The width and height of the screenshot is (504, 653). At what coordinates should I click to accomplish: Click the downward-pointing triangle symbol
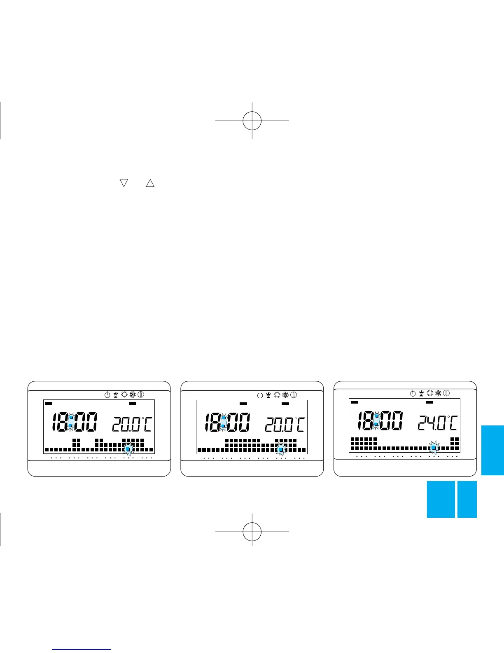click(124, 183)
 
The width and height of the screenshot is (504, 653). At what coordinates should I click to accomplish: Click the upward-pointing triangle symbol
click(150, 183)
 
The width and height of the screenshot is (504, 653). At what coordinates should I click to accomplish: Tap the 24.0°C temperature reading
click(438, 423)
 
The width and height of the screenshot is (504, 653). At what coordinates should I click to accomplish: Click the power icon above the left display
click(107, 395)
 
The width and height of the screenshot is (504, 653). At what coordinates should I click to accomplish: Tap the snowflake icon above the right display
click(439, 393)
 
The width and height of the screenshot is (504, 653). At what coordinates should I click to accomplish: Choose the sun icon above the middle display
click(277, 395)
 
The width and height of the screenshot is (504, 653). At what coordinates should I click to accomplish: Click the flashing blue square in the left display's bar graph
click(128, 449)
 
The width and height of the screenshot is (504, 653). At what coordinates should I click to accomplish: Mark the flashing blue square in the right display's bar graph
click(433, 447)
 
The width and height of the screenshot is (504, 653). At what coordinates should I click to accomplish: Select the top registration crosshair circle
click(252, 121)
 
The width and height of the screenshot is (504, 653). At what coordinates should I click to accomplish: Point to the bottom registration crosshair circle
click(252, 531)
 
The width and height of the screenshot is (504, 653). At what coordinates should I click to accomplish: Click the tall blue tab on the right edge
click(492, 450)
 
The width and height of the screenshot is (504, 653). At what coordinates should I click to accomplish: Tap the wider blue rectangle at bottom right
click(441, 499)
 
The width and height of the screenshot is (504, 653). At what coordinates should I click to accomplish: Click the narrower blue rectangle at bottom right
click(467, 499)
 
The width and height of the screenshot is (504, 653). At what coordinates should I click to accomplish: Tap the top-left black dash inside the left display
click(49, 403)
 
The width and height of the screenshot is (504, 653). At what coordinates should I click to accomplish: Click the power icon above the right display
click(413, 393)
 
